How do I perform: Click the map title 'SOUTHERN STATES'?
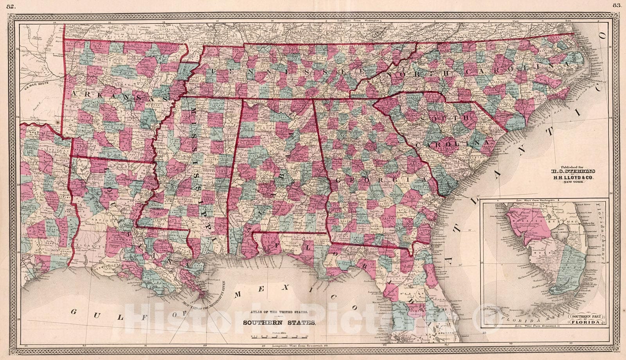[279, 323]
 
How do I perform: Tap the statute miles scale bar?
[279, 336]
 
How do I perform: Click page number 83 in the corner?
[617, 5]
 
